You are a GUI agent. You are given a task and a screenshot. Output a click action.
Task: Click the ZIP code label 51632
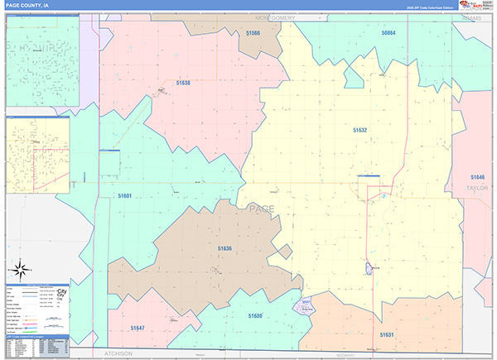(x=359, y=130)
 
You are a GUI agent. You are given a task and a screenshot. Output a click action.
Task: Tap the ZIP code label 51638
(x=183, y=83)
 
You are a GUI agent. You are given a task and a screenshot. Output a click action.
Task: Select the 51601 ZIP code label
(x=125, y=195)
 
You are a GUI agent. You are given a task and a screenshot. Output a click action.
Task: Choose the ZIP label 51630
(x=255, y=315)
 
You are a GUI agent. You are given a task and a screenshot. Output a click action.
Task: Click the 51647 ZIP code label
(x=138, y=328)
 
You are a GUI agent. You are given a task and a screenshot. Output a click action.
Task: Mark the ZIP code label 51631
(x=387, y=334)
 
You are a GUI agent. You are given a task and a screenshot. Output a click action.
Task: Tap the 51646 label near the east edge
(x=477, y=177)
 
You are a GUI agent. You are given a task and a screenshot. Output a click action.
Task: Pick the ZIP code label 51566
(x=253, y=33)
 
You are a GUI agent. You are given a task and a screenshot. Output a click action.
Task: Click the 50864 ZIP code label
(x=388, y=33)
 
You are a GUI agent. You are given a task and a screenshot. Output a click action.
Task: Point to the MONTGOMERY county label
(x=276, y=17)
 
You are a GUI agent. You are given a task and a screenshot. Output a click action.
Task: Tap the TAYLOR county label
(x=477, y=188)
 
